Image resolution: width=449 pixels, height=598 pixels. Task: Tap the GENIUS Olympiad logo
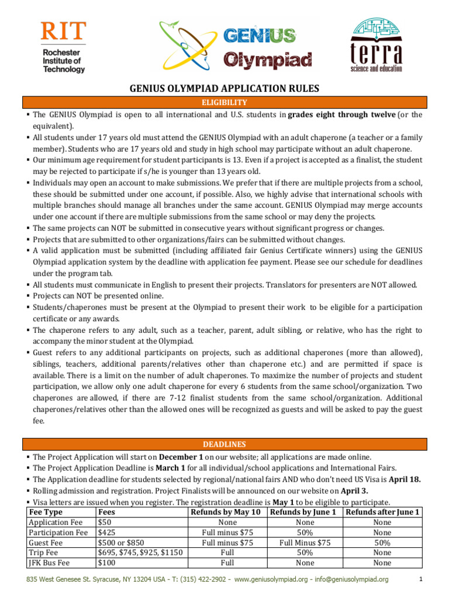pos(237,46)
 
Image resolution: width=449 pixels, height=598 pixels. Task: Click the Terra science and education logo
pos(376,45)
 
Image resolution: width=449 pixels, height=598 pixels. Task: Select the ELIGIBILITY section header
pos(225,102)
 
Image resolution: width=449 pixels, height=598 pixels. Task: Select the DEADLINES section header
pos(225,444)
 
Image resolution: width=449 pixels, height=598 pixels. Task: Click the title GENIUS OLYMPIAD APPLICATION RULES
pos(224,88)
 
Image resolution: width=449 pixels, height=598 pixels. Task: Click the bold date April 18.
pos(405,479)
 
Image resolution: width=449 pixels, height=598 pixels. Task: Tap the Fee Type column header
pos(46,512)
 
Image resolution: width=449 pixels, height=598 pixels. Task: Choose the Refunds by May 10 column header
pos(227,512)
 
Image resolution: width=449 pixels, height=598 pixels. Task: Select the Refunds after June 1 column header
pos(382,512)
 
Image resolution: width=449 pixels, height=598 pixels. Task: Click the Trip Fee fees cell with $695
pos(140,552)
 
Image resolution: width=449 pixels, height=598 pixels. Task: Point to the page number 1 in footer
pos(420,579)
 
